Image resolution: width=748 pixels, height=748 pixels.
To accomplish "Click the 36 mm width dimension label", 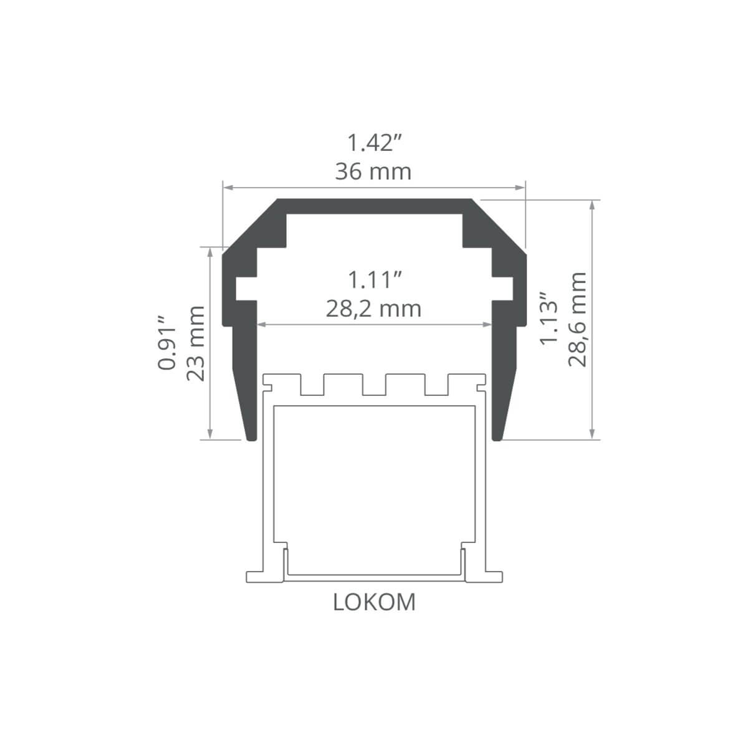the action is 373,172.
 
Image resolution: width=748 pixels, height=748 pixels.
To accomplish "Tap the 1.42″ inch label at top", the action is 373,143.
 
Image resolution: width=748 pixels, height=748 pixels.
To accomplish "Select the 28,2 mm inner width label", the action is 373,309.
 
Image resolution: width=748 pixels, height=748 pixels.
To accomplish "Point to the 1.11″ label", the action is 375,280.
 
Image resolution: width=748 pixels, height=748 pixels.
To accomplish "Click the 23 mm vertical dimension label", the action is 196,343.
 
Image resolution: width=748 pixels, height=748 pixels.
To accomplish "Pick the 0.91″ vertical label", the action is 167,343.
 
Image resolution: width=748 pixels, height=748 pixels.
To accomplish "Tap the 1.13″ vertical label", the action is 549,320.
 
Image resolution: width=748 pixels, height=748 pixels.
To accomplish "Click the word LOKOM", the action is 374,602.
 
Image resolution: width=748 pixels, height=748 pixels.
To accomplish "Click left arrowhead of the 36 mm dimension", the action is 229,188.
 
